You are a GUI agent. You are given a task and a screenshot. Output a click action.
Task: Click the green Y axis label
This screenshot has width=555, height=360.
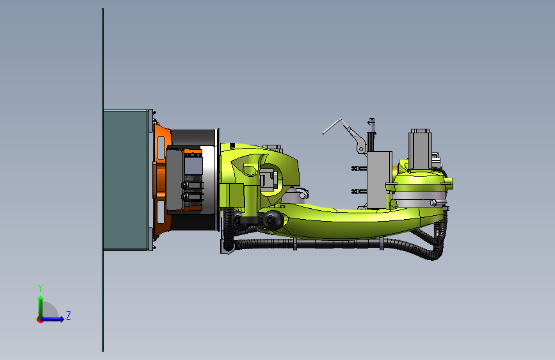point(40,288)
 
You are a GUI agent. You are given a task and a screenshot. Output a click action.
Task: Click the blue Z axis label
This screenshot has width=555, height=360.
point(68,315)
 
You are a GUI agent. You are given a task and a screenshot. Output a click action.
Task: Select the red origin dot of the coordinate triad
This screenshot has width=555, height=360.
point(40,320)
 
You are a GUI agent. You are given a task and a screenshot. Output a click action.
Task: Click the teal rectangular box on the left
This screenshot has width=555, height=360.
point(125,179)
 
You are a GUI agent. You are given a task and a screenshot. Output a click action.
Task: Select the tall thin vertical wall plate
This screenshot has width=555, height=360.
point(102,179)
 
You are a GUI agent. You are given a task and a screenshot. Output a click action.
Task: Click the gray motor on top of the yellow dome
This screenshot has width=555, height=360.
point(420,149)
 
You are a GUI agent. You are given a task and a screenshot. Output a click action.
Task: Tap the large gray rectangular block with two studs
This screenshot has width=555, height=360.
point(380,179)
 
